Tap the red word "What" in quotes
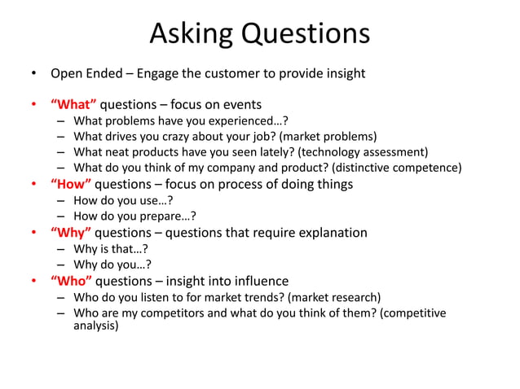pos(73,104)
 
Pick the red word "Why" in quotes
pos(72,233)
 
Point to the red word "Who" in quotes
pos(72,282)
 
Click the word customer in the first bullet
pos(214,74)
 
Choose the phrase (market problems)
pos(328,137)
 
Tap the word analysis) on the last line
pos(95,326)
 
